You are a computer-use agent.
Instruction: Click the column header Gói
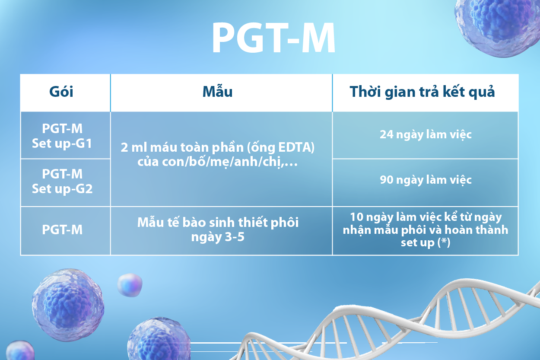pos(61,92)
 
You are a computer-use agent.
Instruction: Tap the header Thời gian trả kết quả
pos(422,92)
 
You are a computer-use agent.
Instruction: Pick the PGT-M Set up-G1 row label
pos(62,136)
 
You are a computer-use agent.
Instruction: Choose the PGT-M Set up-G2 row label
pos(62,181)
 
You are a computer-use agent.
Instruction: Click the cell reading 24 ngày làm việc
pos(426,135)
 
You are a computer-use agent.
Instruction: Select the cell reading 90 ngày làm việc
pos(426,180)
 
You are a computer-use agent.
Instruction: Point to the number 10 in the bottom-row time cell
pos(356,217)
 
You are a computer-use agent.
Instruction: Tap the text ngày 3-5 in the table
pos(218,237)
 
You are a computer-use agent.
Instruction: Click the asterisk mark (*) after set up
pos(444,242)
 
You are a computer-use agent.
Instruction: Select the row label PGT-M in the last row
pos(62,229)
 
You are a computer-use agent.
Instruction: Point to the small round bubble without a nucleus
pos(130,285)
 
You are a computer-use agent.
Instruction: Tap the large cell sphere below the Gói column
pos(68,305)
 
